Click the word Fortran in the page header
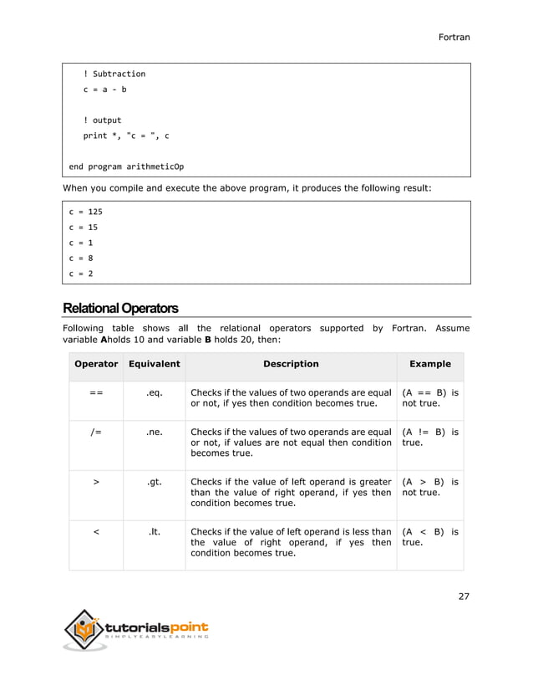pos(454,38)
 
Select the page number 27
pos(464,596)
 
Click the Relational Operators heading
pos(120,308)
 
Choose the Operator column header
pos(96,364)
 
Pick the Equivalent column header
pos(154,364)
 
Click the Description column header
pos(291,364)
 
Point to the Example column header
pos(429,364)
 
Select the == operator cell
pos(96,392)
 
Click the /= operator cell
pos(96,433)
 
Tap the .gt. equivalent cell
pos(154,483)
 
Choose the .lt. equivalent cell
pos(154,532)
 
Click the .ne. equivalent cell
pos(154,433)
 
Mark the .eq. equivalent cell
pos(154,392)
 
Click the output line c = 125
pos(85,212)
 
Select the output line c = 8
pos(80,258)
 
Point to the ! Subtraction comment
pos(114,74)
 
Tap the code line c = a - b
pos(104,90)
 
